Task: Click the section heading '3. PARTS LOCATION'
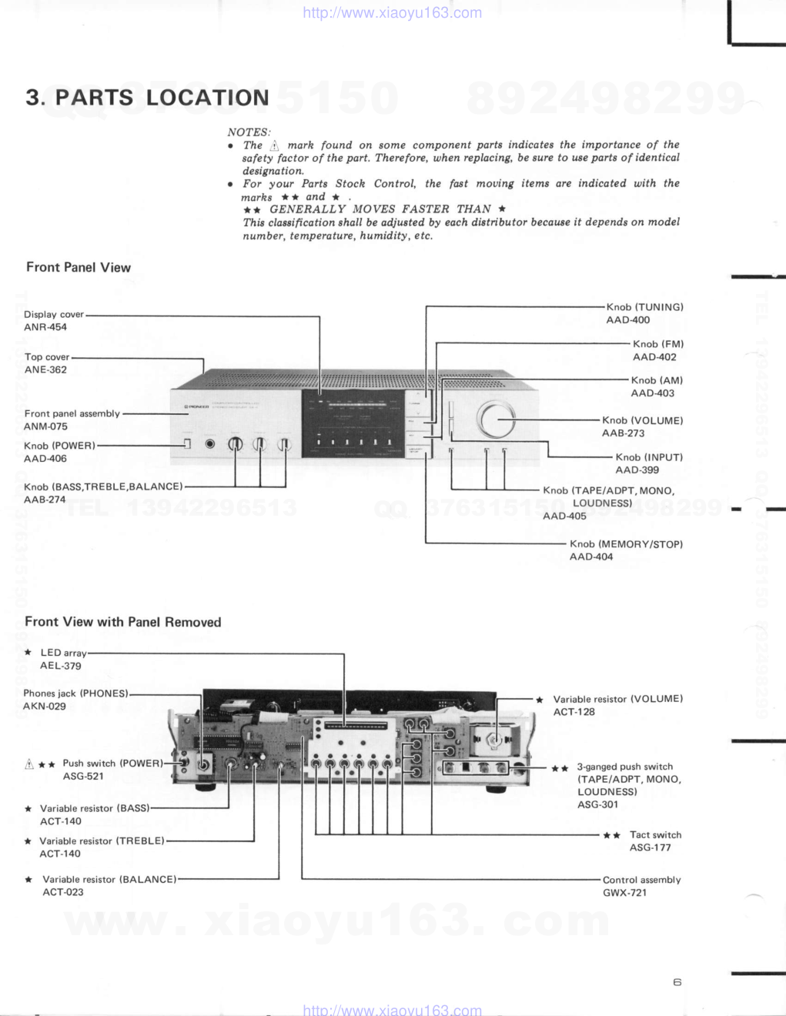(147, 98)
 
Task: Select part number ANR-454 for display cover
(45, 327)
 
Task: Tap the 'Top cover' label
(47, 357)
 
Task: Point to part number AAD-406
(45, 459)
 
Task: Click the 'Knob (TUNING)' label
(644, 307)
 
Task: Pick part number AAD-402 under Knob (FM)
(654, 357)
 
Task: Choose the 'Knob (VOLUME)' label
(642, 420)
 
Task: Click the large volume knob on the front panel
(496, 419)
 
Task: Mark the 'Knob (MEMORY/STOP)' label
(626, 544)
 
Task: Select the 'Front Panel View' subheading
(79, 268)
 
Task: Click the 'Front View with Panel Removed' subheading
(123, 622)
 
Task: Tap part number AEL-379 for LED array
(61, 667)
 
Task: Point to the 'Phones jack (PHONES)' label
(75, 693)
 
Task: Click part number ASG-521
(83, 777)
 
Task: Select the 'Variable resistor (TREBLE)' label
(102, 841)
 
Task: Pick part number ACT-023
(63, 893)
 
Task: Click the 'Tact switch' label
(655, 835)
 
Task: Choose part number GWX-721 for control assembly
(624, 894)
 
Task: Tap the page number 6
(677, 982)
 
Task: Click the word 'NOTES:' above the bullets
(249, 132)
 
